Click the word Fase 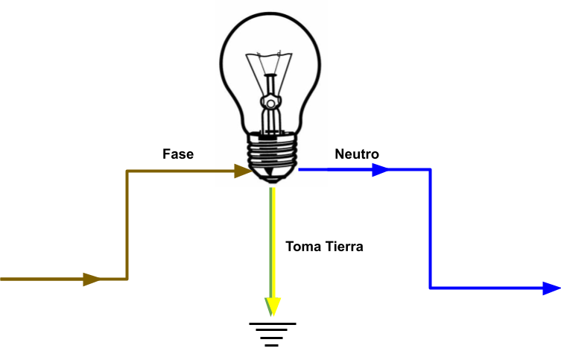(178, 154)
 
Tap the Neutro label (357, 154)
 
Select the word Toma (302, 246)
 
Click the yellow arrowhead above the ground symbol (273, 306)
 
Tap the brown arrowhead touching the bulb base (241, 171)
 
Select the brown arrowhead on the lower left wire (92, 280)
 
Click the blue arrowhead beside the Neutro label (380, 170)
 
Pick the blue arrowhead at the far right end (551, 288)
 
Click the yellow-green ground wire (273, 239)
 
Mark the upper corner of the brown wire (127, 172)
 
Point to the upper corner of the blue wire (431, 170)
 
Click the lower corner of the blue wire (431, 288)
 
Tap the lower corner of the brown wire (127, 280)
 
